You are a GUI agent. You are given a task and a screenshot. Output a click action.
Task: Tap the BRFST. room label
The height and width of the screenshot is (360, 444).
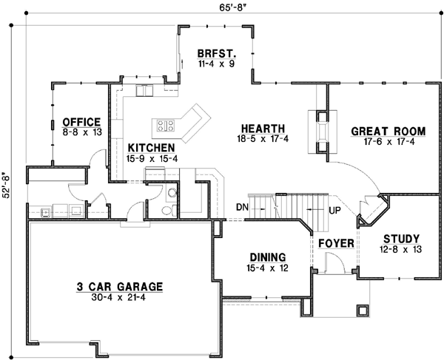click(x=216, y=54)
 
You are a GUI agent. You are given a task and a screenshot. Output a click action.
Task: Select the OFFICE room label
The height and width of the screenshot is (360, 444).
click(x=81, y=122)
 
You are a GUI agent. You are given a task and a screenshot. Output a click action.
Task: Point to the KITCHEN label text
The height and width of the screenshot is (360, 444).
click(x=150, y=147)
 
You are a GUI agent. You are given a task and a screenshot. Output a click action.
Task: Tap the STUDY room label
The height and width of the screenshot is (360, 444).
click(x=402, y=238)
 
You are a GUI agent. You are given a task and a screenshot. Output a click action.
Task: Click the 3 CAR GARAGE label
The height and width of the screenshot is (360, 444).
click(x=119, y=287)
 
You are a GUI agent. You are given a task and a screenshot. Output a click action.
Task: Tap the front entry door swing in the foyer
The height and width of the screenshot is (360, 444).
click(x=333, y=260)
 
